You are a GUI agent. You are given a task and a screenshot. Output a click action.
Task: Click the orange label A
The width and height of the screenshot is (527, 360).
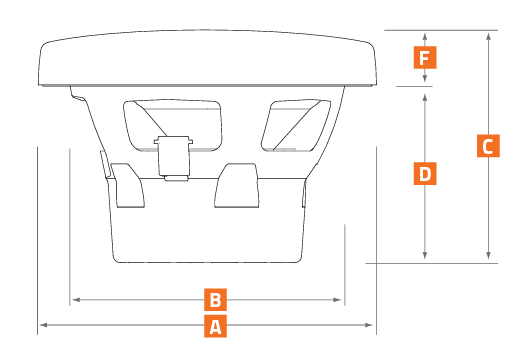pos(215,326)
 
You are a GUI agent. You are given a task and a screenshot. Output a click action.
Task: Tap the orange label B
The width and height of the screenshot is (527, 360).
pos(215,299)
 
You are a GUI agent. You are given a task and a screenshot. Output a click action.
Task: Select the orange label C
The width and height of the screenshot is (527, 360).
pos(488,146)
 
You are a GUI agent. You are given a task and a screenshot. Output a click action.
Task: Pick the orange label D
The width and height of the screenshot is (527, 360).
pos(425,173)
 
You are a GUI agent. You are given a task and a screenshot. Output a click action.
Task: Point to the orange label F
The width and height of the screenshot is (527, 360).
pos(425,57)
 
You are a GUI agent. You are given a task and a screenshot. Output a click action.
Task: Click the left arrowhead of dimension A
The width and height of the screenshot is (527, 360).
pos(44,325)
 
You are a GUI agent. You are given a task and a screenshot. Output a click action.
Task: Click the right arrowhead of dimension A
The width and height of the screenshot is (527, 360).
pos(369,325)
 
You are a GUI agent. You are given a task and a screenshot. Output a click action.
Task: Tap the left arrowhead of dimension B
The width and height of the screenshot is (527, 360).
pos(76,299)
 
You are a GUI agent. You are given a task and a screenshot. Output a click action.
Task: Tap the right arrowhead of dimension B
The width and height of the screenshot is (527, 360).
pos(337,299)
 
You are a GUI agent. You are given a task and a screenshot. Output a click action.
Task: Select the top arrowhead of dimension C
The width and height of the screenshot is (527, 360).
pos(489,37)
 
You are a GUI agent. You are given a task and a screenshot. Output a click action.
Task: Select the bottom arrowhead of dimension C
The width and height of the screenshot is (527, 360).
pos(489,255)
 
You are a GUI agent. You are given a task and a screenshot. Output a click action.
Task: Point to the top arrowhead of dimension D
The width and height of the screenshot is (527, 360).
pos(425,97)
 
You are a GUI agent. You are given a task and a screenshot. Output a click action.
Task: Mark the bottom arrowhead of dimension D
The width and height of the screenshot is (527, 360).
pos(425,255)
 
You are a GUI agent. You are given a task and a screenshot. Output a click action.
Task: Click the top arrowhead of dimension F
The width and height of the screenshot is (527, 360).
pos(425,37)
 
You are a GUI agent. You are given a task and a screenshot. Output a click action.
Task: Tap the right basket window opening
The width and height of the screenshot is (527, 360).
pos(296,125)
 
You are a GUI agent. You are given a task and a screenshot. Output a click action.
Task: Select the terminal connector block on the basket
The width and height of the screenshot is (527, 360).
pos(173,158)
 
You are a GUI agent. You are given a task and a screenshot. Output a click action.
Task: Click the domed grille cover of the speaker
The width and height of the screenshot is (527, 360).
pos(207,57)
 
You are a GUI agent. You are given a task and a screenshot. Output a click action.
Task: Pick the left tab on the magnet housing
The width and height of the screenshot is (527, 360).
pos(128,186)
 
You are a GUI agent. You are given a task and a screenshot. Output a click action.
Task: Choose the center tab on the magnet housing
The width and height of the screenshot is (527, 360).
pos(237,186)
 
